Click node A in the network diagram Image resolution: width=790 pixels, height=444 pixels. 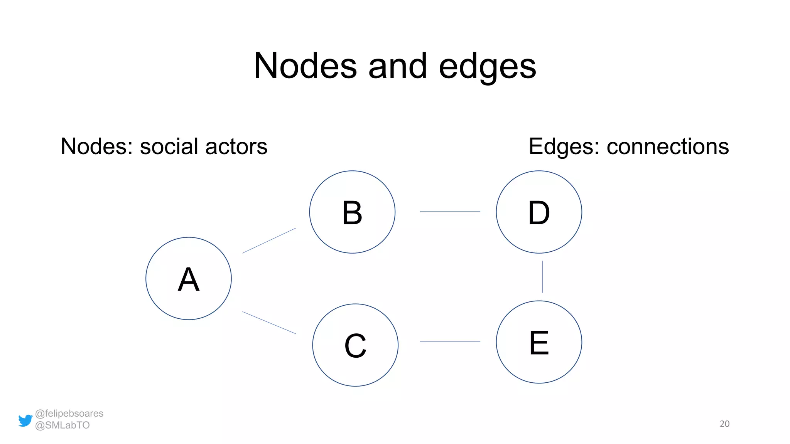click(x=188, y=278)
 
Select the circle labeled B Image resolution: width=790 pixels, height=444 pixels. click(x=352, y=212)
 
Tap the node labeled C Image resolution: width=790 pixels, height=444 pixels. click(x=355, y=345)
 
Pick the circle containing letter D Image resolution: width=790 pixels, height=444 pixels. click(x=538, y=212)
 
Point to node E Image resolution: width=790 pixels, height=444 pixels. click(x=538, y=342)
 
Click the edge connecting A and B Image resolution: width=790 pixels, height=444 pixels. click(x=269, y=240)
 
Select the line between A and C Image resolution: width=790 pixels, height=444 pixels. click(x=269, y=323)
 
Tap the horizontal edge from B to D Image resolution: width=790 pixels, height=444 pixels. click(x=450, y=211)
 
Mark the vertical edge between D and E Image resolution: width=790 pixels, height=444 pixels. click(x=542, y=277)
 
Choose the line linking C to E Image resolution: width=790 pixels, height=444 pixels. click(x=450, y=341)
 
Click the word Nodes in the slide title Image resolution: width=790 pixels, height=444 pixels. click(x=305, y=66)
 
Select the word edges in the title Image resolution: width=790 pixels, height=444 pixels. click(x=487, y=66)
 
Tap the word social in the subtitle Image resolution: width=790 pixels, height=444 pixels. click(x=169, y=146)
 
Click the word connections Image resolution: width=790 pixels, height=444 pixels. click(x=667, y=146)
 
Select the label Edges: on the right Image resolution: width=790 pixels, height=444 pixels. click(x=564, y=146)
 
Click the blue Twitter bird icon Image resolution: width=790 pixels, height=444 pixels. click(x=25, y=420)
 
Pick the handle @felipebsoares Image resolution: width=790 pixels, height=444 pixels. click(x=69, y=413)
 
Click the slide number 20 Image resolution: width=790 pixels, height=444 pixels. click(x=724, y=424)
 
